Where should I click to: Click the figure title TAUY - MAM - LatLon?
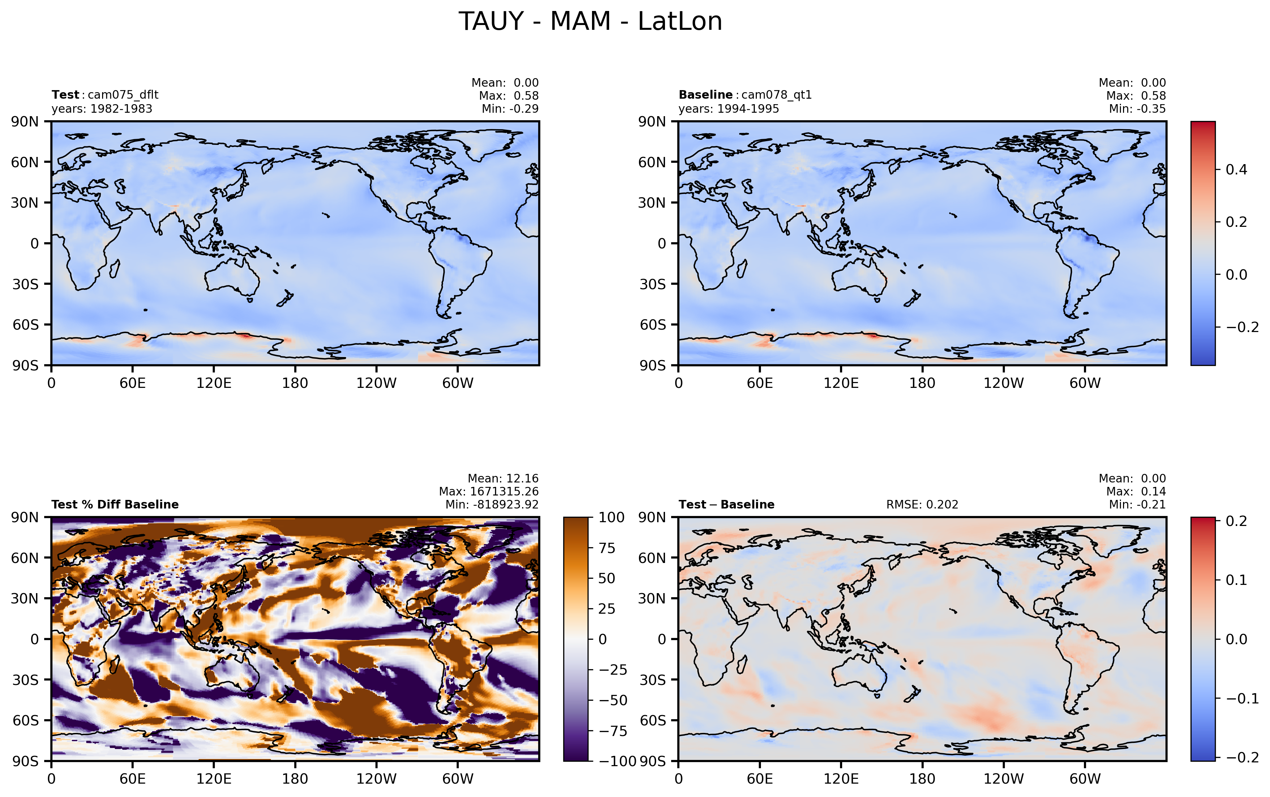[x=590, y=22]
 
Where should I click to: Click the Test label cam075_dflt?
[x=123, y=95]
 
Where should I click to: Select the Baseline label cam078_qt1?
[x=776, y=95]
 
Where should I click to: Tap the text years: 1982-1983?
[x=102, y=109]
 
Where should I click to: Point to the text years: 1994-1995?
[x=729, y=109]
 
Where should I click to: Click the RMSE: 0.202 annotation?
[x=922, y=504]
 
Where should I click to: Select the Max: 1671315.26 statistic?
[x=489, y=491]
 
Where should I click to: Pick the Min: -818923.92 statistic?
[x=492, y=504]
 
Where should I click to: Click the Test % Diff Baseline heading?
[x=115, y=504]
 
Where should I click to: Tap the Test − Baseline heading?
[x=727, y=504]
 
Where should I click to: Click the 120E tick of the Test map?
[x=213, y=383]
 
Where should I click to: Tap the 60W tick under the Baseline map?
[x=1085, y=383]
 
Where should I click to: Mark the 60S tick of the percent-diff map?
[x=25, y=720]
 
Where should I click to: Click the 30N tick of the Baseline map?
[x=652, y=203]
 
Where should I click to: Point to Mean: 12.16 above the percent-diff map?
[x=503, y=478]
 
